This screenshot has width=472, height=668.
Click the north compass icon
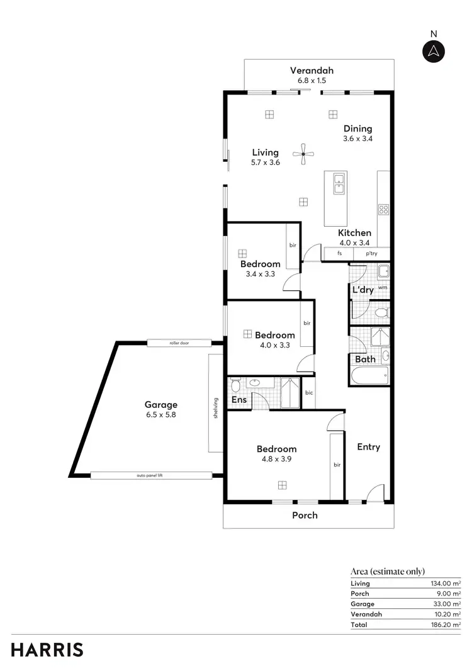tap(433, 51)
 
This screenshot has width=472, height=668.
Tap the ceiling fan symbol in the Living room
tap(303, 154)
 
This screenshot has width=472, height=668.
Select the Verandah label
tap(312, 71)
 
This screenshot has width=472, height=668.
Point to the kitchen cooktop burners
tap(383, 210)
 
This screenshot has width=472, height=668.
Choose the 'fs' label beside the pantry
tap(340, 254)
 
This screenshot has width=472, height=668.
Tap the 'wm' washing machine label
tap(382, 288)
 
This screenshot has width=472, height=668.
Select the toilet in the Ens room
tap(236, 385)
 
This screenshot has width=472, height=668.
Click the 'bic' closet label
tap(309, 393)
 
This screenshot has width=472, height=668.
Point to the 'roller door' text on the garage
tap(179, 343)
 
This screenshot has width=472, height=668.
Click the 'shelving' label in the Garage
tap(215, 407)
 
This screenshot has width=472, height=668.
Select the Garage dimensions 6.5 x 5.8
tap(161, 415)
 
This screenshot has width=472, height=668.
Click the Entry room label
tap(369, 447)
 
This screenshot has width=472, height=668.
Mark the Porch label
tap(305, 515)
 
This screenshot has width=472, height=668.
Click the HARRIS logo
tap(47, 650)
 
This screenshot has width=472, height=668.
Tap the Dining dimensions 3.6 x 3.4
tap(357, 139)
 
